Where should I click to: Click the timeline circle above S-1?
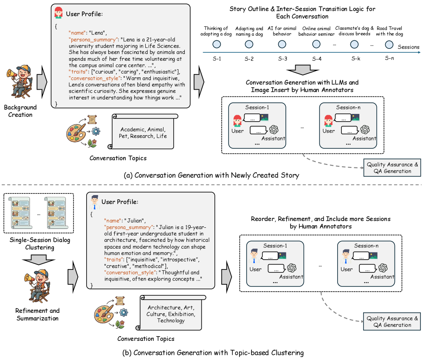pyautogui.click(x=217, y=44)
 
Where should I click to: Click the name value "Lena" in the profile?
pyautogui.click(x=101, y=32)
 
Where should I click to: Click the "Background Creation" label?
pyautogui.click(x=21, y=111)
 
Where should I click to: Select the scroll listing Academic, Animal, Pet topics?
pyautogui.click(x=143, y=132)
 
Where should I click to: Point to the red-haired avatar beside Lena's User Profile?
pyautogui.click(x=59, y=13)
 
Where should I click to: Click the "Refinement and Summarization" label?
pyautogui.click(x=37, y=314)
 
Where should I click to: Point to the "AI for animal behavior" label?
pyautogui.click(x=282, y=31)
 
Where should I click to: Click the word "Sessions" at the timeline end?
pyautogui.click(x=408, y=47)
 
